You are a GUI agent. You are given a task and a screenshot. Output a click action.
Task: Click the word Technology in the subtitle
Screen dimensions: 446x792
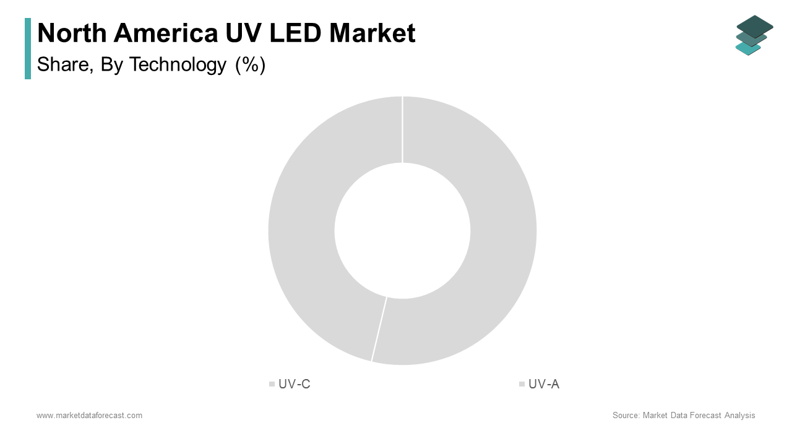pos(178,64)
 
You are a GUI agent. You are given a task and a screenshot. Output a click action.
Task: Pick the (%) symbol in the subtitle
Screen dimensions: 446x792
pos(250,64)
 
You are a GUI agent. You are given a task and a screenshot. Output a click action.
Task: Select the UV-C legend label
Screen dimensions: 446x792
pos(295,384)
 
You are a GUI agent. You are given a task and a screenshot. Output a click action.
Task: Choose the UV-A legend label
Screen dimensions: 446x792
pos(544,384)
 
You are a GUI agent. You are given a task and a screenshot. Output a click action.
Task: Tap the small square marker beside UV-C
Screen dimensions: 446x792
pos(272,384)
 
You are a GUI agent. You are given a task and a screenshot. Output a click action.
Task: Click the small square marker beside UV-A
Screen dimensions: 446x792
pos(522,384)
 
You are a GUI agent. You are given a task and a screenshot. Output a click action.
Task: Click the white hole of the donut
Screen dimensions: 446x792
pos(402,230)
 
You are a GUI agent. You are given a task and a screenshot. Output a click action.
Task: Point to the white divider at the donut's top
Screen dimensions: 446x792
pos(402,129)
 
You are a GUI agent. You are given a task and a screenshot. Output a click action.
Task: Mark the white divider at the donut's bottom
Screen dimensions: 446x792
pos(379,329)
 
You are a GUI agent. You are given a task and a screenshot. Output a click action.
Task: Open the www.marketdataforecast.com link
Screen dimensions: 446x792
pos(89,416)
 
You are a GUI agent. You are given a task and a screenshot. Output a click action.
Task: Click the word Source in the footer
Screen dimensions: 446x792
pos(625,416)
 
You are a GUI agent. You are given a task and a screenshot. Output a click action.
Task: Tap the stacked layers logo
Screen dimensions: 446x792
pos(754,35)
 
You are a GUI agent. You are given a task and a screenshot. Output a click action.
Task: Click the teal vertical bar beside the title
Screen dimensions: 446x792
pos(28,48)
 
